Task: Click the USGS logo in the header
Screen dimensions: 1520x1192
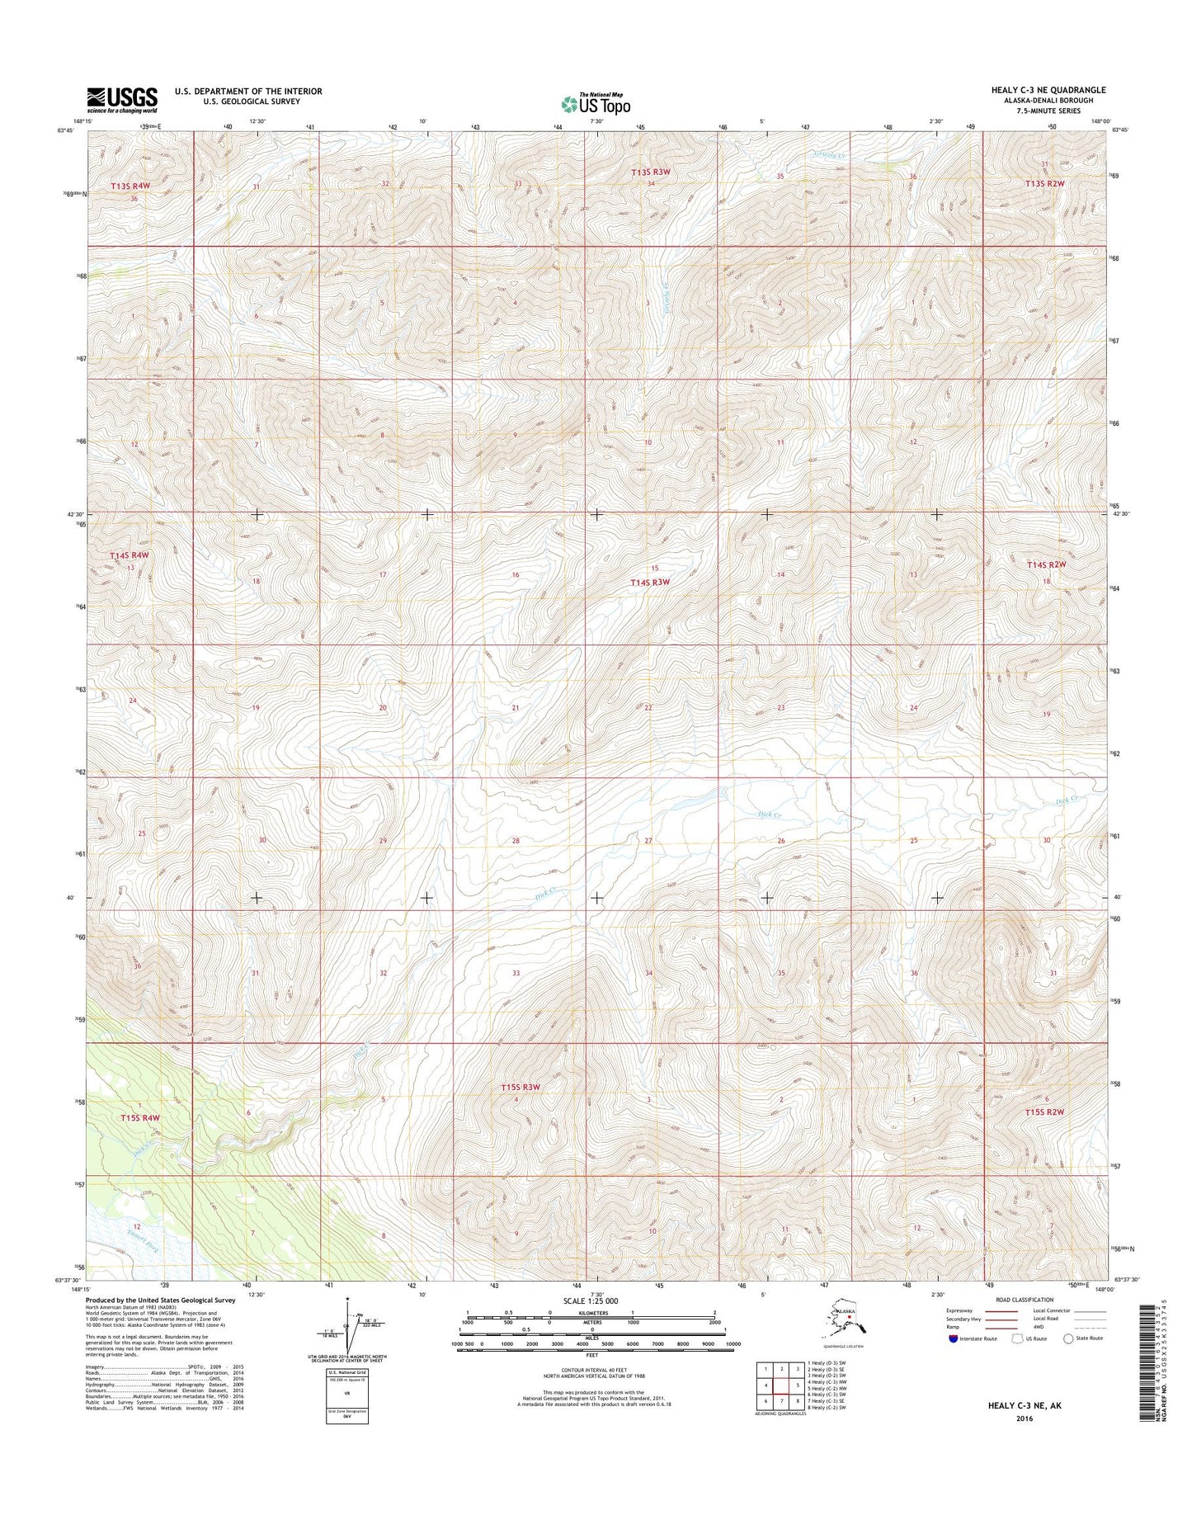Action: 122,100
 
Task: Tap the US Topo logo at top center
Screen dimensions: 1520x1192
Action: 596,104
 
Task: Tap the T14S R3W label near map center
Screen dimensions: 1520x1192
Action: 650,583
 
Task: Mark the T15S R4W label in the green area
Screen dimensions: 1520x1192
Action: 139,1117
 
